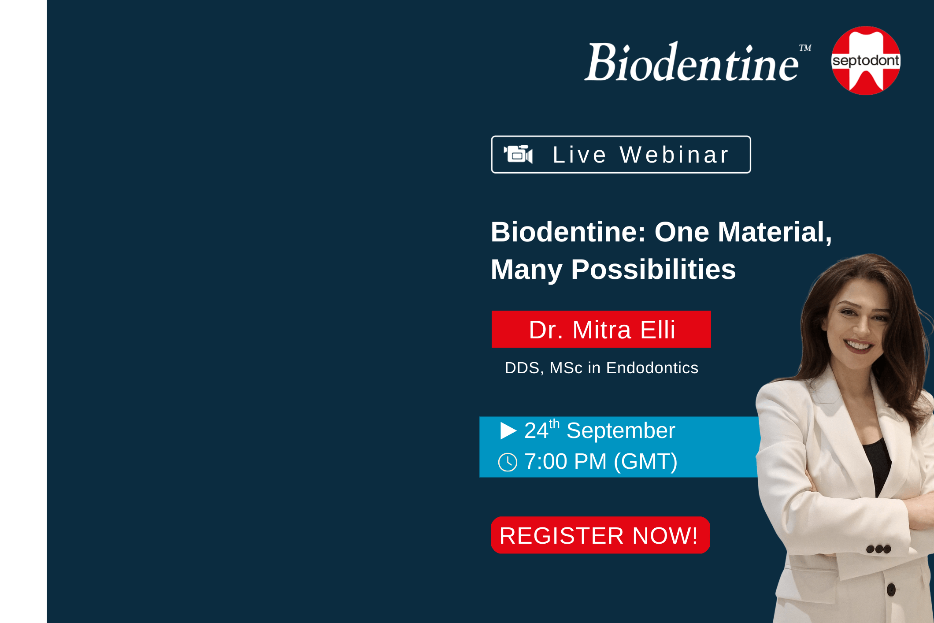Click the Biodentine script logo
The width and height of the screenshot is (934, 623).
pos(692,62)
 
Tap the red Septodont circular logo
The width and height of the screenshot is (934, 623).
pos(866,60)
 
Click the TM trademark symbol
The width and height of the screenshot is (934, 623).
pos(805,48)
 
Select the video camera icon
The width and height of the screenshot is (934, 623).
pos(518,154)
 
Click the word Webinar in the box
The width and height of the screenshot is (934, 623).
pos(675,155)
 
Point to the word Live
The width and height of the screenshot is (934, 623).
pos(579,155)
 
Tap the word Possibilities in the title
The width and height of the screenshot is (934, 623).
pos(653,270)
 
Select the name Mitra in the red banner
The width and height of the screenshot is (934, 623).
pos(602,330)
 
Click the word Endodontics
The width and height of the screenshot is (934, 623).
pos(652,368)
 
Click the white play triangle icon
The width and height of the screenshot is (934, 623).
pos(508,430)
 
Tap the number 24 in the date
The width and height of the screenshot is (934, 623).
pos(536,430)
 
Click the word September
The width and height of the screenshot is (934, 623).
pos(621,431)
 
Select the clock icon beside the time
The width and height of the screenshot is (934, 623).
pos(508,462)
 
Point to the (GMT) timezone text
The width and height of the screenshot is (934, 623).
pos(645,462)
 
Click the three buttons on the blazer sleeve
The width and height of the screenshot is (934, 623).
pos(878,549)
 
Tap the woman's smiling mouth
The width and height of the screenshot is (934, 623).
pos(858,344)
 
